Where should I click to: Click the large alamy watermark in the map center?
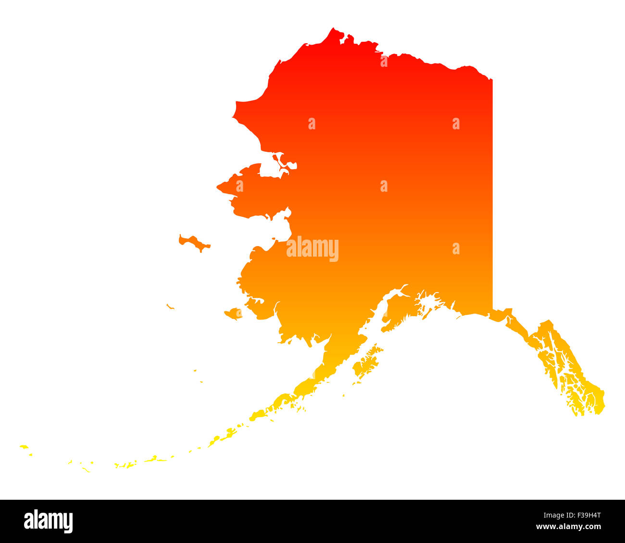312,249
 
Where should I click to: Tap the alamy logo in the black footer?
49,521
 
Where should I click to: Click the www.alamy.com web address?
568,527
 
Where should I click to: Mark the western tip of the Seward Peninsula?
219,186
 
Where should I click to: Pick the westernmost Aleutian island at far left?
24,447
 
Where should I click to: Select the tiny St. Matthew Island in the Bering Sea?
170,306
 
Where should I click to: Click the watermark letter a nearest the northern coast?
384,62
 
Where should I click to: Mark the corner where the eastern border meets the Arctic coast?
492,79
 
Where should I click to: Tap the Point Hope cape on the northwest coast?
234,116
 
